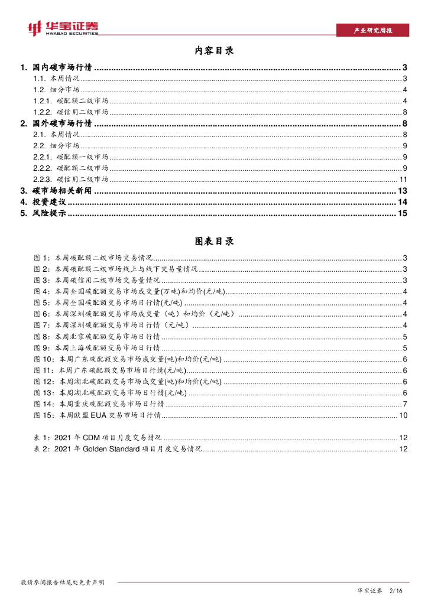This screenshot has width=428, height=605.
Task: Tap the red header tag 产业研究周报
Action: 372,31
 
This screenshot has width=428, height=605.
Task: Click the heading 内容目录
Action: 214,51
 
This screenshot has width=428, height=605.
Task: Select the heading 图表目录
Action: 214,241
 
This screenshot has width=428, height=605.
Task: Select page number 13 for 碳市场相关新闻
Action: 403,191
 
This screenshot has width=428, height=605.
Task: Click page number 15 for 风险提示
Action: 403,213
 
